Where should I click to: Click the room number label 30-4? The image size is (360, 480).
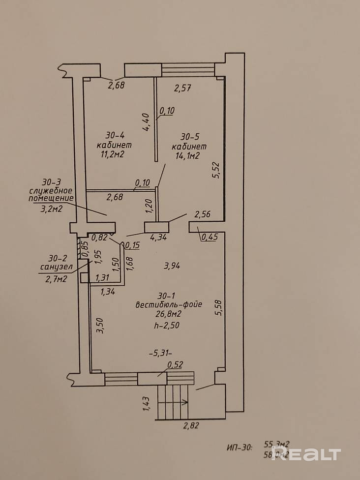click(x=116, y=135)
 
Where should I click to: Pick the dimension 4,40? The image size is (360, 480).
click(x=146, y=122)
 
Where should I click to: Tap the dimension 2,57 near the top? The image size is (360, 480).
click(x=182, y=89)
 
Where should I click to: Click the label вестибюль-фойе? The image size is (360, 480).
click(x=169, y=304)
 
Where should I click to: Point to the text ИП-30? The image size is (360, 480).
click(x=240, y=448)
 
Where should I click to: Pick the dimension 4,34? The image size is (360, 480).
click(x=158, y=238)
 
